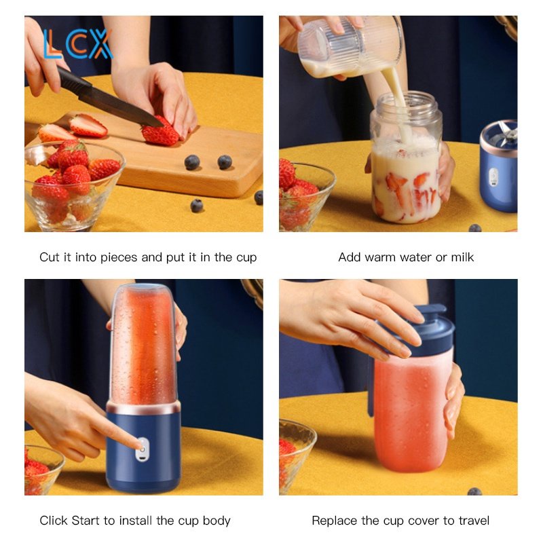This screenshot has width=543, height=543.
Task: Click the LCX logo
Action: coord(78,44)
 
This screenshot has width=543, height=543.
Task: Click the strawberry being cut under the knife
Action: coord(160,132)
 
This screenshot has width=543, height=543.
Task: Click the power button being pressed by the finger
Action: coord(143,449)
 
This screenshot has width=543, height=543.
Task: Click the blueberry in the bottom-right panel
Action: coord(474,491)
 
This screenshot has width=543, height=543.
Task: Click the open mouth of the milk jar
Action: coord(407,100)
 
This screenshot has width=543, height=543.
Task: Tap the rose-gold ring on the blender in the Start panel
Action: coord(143,408)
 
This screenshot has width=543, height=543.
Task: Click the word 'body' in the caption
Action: coord(217,521)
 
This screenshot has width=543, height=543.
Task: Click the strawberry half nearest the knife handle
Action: coord(88,126)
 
